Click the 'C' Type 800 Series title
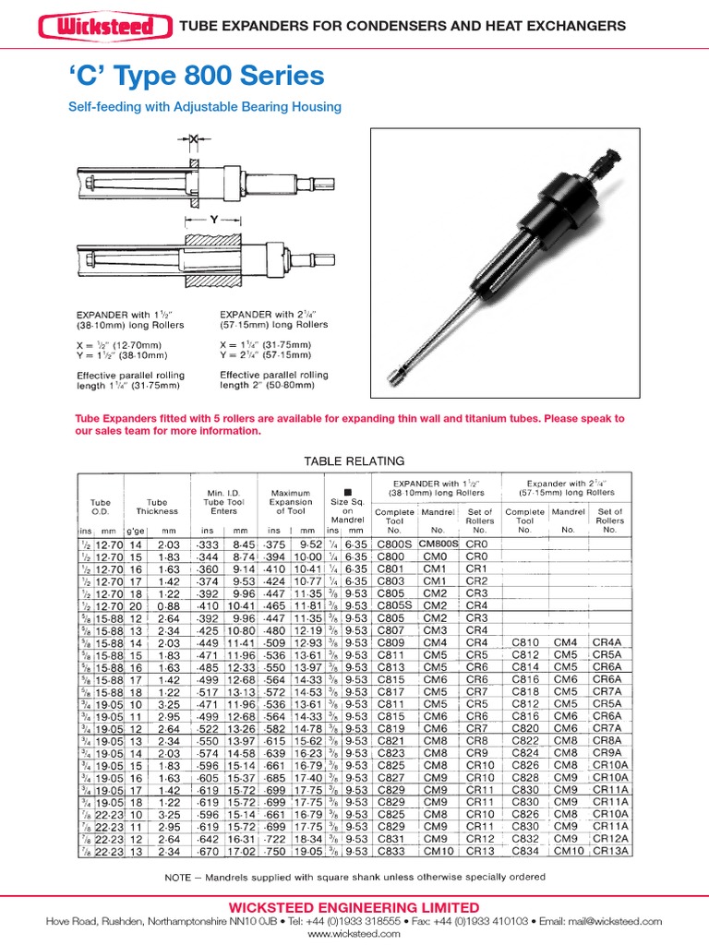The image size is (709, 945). coord(196,76)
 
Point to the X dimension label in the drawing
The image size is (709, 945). coord(194,138)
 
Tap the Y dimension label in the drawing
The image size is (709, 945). coord(214,221)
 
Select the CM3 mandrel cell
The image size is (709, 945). coord(435,629)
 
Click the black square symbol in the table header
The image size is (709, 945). coord(348,491)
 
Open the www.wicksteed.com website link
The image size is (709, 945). coord(354,934)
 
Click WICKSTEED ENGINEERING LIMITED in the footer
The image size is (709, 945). coord(354,907)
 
